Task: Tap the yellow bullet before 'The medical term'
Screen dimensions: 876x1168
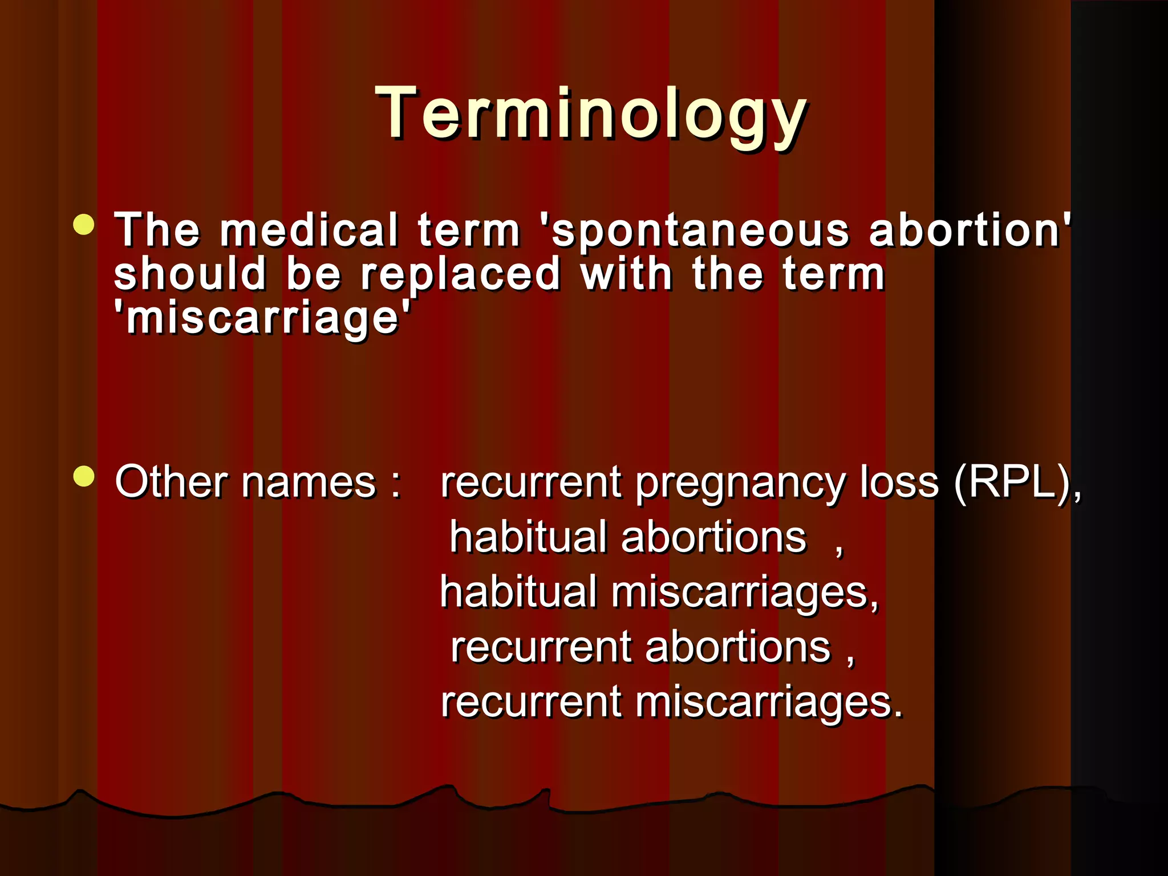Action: point(84,225)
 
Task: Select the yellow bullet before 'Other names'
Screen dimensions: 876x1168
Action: point(84,477)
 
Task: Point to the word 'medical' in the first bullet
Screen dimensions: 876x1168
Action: point(309,230)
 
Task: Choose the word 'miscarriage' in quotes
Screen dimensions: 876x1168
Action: point(262,317)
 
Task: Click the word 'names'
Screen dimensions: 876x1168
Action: point(309,483)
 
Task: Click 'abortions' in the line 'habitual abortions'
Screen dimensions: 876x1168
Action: point(713,538)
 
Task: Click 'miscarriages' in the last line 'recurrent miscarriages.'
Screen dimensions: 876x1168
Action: point(769,702)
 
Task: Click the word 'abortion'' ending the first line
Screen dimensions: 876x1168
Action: point(970,230)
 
